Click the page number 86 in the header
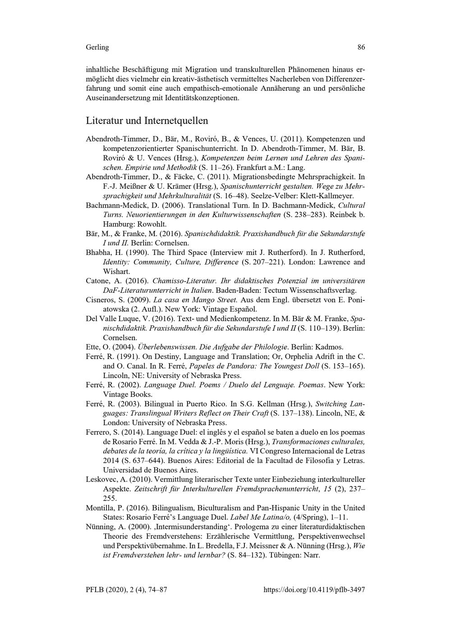361,47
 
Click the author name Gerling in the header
97,47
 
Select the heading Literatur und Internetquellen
147,121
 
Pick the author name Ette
92,347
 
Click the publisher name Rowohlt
154,224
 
